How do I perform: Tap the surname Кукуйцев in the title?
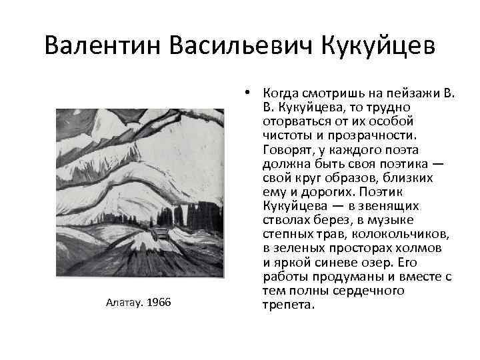378,46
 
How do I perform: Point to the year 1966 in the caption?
158,303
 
